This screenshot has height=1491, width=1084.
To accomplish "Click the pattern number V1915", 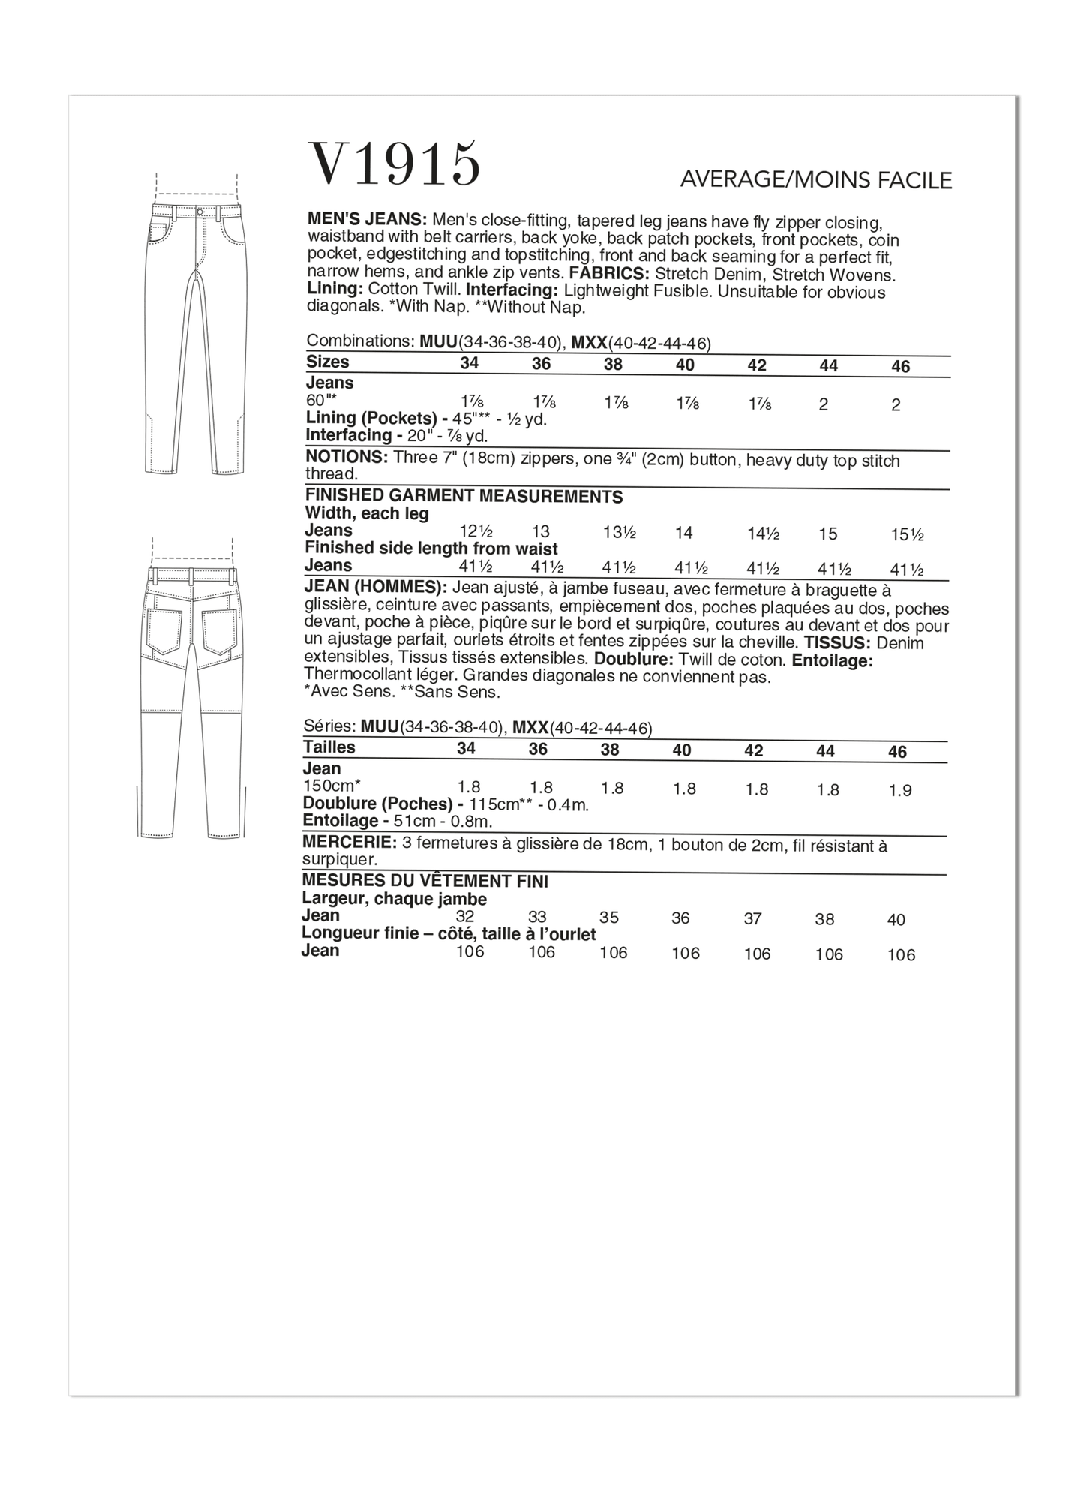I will [x=395, y=164].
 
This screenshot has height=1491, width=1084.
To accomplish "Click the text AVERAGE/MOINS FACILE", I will [x=815, y=180].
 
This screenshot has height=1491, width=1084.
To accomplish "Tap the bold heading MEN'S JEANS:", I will [x=367, y=220].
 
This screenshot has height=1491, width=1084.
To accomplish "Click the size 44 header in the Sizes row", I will [x=828, y=365].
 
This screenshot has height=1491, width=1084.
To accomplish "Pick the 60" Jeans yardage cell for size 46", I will [x=896, y=405].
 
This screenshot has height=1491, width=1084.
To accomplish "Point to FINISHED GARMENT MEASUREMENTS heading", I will [x=464, y=497].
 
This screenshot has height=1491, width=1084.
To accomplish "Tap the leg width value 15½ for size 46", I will [x=907, y=534].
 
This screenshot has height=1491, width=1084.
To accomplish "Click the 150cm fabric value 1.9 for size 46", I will [x=899, y=791].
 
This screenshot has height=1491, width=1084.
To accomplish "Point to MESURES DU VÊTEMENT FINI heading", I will [x=425, y=881].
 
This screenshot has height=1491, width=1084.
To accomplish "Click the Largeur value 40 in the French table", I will [x=896, y=920].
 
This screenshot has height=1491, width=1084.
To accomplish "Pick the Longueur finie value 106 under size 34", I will [x=469, y=952].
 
